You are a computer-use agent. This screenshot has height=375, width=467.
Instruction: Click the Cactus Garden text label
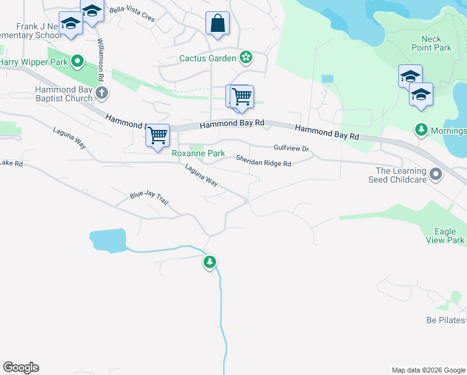pos(207,58)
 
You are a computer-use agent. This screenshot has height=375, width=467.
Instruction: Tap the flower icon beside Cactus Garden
pos(246,58)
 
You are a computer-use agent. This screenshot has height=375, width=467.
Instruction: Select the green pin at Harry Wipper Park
pos(77,61)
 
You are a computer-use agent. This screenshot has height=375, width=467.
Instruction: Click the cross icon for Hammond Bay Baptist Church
pos(102,94)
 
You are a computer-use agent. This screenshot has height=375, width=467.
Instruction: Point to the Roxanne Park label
pos(198,153)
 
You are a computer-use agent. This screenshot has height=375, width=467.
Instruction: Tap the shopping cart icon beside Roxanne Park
pos(158,135)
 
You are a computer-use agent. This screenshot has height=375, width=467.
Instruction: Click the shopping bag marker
pos(217,24)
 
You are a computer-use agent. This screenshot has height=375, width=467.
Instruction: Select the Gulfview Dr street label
pos(292,149)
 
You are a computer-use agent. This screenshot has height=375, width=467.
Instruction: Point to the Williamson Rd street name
pos(99,59)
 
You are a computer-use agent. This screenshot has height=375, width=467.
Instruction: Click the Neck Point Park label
pos(431,43)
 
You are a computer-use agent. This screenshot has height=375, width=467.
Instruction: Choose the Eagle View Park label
pos(445,236)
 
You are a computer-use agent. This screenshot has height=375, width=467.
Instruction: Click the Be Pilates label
pos(446,320)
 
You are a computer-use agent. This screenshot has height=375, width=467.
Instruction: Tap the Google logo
pos(21,367)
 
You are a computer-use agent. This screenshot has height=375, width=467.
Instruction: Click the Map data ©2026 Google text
pos(428,370)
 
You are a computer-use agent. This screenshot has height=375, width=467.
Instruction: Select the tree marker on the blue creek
pos(210,262)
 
